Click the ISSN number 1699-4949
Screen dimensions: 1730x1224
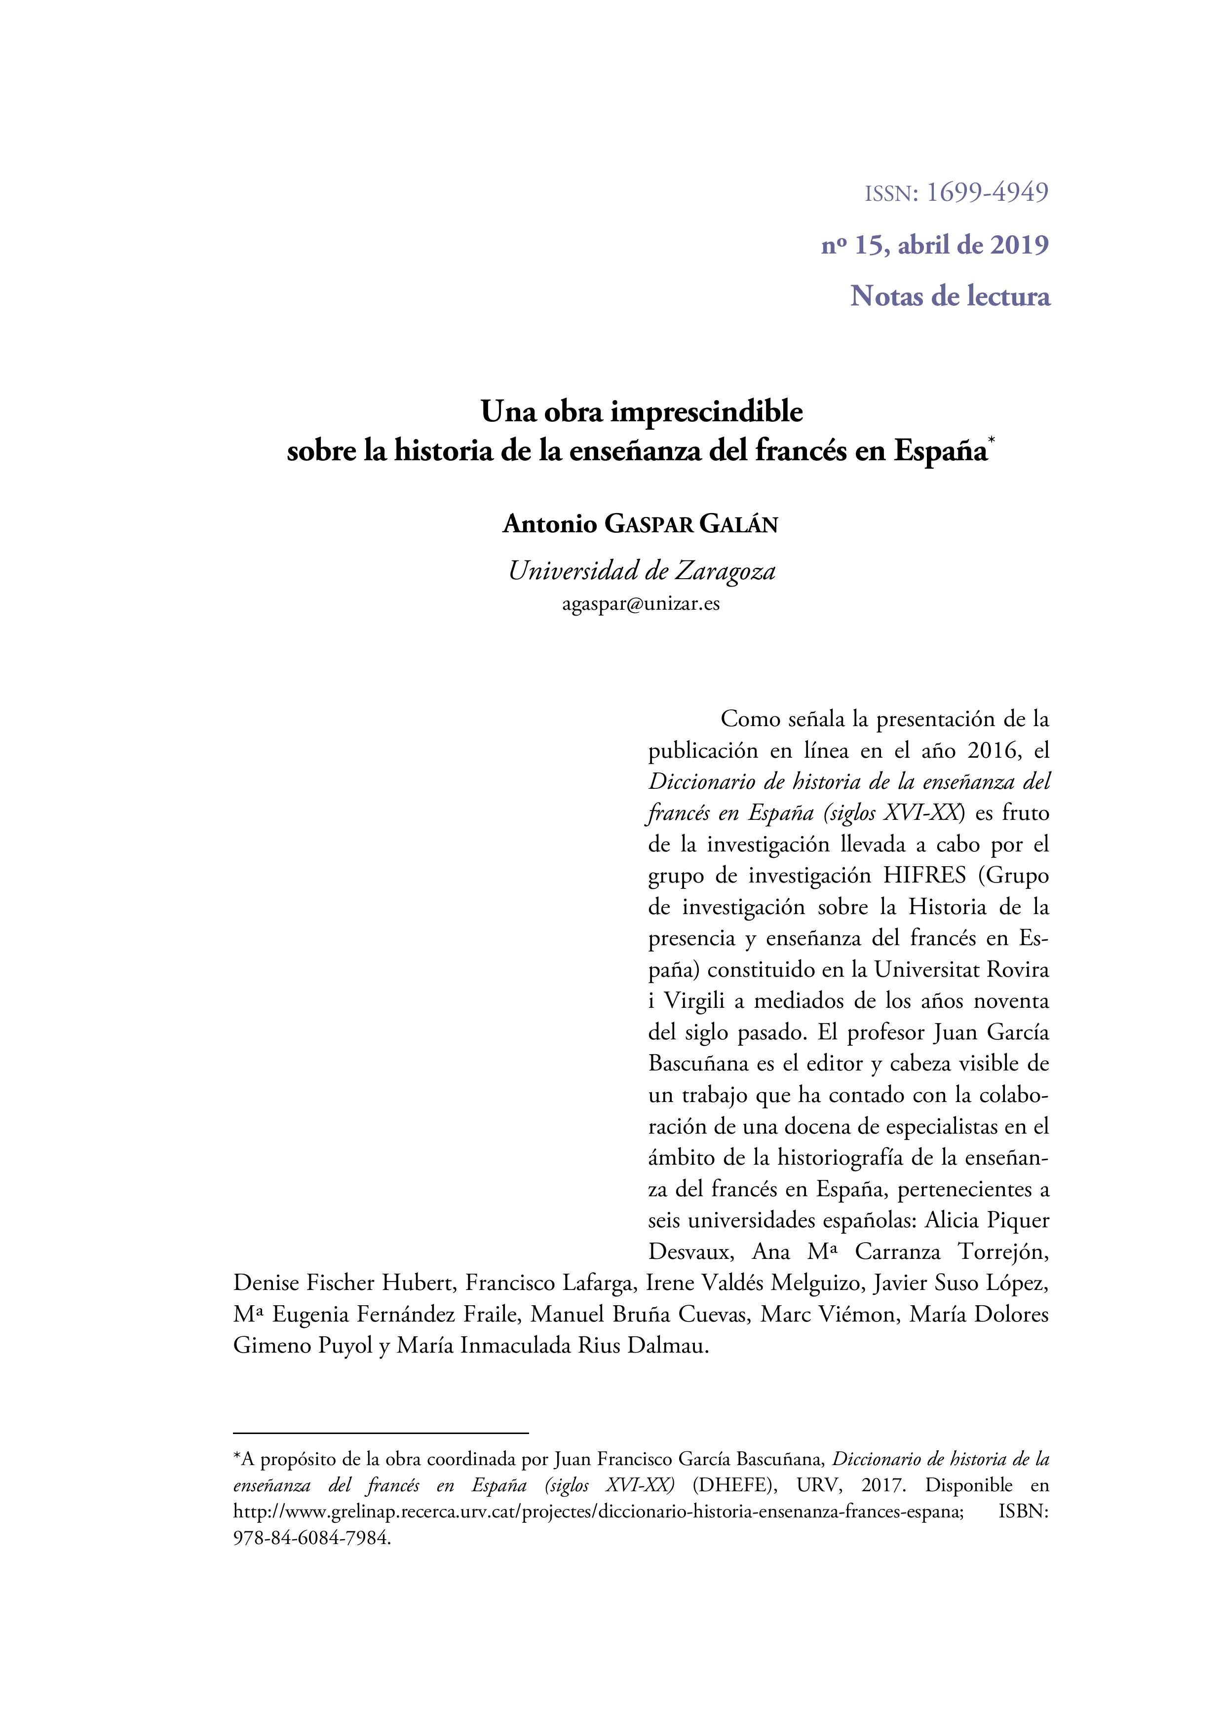click(987, 193)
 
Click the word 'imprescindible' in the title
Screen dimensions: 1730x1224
click(706, 412)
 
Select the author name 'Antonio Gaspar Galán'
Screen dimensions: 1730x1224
click(640, 524)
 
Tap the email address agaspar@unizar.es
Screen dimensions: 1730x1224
click(641, 603)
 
